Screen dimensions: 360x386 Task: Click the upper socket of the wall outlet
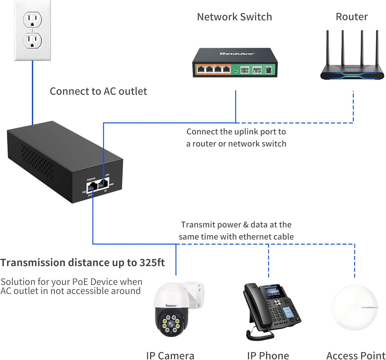pos(32,18)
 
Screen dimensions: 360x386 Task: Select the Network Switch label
pos(234,17)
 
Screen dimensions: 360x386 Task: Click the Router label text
pos(351,17)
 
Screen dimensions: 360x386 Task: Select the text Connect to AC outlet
pos(98,91)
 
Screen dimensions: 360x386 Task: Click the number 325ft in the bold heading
pos(150,263)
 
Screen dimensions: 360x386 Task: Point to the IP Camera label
pos(170,355)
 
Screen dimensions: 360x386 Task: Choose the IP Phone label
pos(268,355)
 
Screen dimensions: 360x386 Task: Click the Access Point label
pos(355,355)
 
